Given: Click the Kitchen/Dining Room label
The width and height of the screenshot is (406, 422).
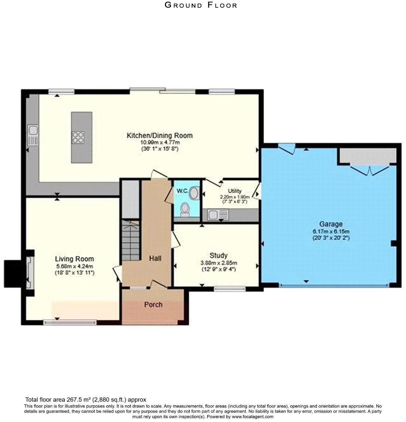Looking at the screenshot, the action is tap(160, 136).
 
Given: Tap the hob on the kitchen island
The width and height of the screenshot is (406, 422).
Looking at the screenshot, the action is tap(78, 138).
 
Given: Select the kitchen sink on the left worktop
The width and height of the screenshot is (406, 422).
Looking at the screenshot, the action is tap(33, 135).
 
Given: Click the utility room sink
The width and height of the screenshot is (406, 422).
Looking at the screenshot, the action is tap(218, 215).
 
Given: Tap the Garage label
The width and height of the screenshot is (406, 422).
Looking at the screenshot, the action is tap(331, 224).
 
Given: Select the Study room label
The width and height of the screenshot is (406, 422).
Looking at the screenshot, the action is tap(218, 255).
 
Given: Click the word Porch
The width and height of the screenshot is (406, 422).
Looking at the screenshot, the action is tap(153, 305).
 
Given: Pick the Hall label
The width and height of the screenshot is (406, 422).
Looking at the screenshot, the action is tap(155, 258).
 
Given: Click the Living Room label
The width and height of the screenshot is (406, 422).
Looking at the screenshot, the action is tap(74, 259).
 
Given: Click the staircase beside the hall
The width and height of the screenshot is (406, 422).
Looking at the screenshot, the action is tap(130, 240).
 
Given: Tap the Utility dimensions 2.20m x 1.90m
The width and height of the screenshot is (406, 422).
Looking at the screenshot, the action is tap(235, 197).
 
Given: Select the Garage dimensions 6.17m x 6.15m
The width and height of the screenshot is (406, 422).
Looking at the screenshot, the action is tap(331, 231).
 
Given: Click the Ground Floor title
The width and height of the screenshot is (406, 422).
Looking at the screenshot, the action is tap(201, 5).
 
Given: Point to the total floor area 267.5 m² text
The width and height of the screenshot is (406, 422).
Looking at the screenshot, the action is tap(86, 399).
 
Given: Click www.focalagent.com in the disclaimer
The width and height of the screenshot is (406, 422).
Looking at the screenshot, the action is tap(252, 416).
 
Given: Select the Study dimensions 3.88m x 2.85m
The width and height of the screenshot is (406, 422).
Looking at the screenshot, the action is tap(219, 263).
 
